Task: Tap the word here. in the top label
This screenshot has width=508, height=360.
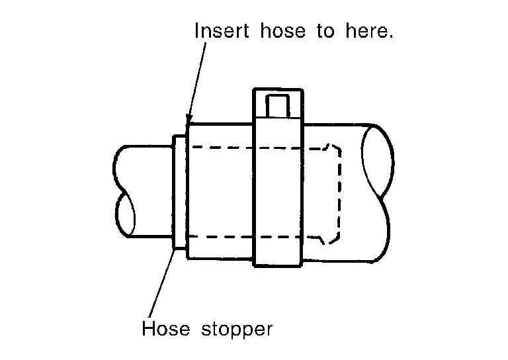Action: pos(368,31)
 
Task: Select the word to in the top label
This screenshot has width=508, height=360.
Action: pos(325,31)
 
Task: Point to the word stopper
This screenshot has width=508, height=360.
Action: pos(236,330)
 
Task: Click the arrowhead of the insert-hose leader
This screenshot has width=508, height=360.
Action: pos(189,121)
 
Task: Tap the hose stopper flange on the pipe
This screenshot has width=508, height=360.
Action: pos(178,192)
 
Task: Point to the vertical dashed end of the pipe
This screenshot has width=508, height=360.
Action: pos(339,192)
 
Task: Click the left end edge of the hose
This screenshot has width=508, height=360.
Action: pos(187,192)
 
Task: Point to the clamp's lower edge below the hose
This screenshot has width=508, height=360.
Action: pos(278,266)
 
